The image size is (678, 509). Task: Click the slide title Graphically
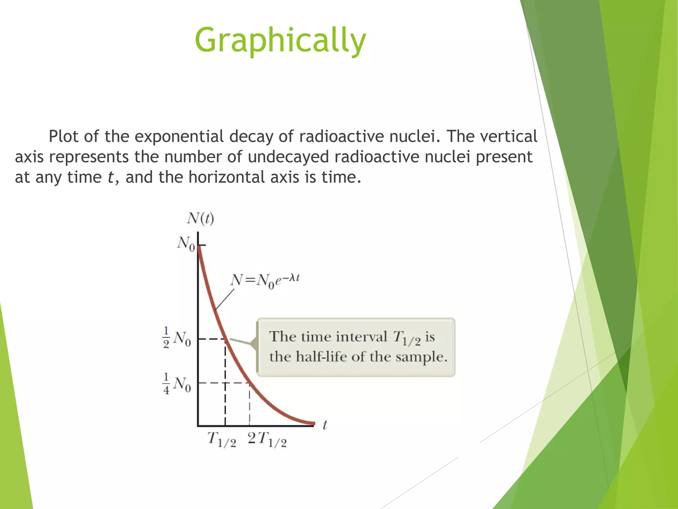(280, 40)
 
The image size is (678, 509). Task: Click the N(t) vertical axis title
(201, 219)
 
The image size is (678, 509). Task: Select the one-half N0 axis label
(177, 338)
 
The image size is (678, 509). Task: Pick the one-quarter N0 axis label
(177, 384)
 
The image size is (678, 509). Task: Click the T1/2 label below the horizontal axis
(221, 440)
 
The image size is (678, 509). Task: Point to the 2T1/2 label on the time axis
(267, 440)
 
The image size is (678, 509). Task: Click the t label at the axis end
(325, 425)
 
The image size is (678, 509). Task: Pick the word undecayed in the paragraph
(288, 157)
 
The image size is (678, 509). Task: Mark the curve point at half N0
(225, 339)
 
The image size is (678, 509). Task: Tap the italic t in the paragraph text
(110, 178)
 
